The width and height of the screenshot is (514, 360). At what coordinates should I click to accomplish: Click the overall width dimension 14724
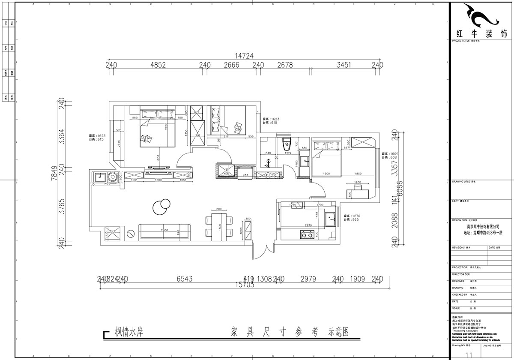click(244, 56)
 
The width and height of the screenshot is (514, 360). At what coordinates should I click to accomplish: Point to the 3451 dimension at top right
click(344, 65)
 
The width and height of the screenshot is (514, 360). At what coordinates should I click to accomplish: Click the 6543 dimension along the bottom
click(185, 279)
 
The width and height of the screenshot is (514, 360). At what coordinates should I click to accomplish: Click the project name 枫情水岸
click(128, 332)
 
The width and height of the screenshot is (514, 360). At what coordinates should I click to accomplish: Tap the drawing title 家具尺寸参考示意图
click(290, 332)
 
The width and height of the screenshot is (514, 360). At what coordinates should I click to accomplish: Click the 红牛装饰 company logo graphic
click(481, 16)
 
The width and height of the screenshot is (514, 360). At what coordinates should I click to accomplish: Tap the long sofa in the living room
click(165, 231)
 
